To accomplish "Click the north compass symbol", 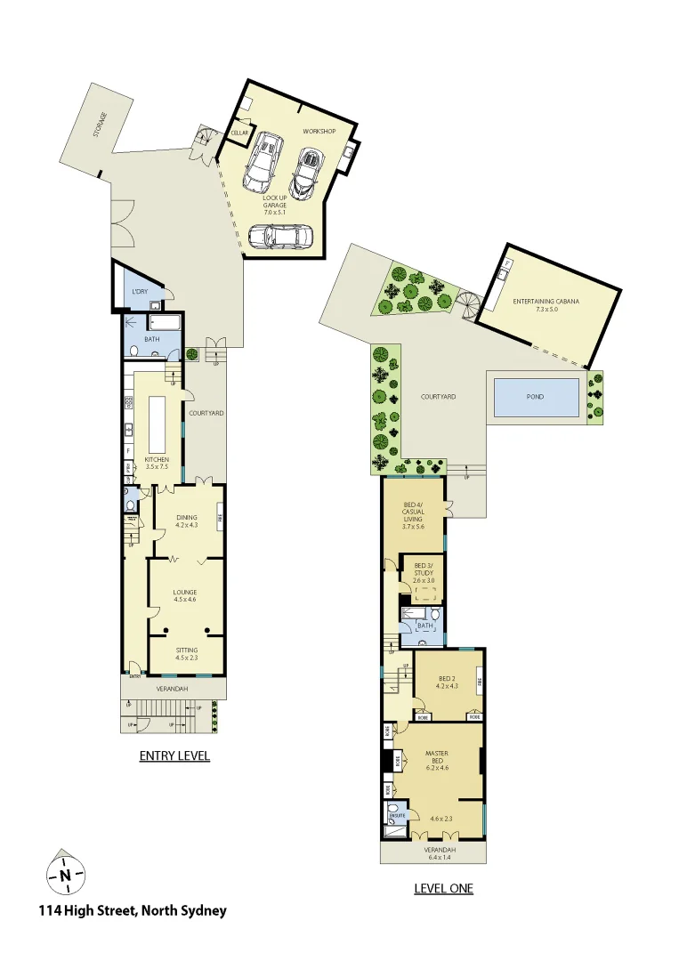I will click(x=65, y=874).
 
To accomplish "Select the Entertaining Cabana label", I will click(x=546, y=302).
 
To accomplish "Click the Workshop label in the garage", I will click(x=318, y=132).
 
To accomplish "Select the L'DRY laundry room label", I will click(x=139, y=293).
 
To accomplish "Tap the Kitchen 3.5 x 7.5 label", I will click(x=157, y=463).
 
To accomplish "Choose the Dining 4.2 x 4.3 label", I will click(x=186, y=521).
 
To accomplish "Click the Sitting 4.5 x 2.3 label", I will click(x=185, y=654).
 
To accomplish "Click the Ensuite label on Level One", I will click(x=397, y=814).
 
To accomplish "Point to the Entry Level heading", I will click(x=174, y=756).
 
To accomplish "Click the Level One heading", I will click(x=443, y=888).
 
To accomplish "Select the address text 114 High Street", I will click(x=133, y=910).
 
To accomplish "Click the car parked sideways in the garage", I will click(x=280, y=237).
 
